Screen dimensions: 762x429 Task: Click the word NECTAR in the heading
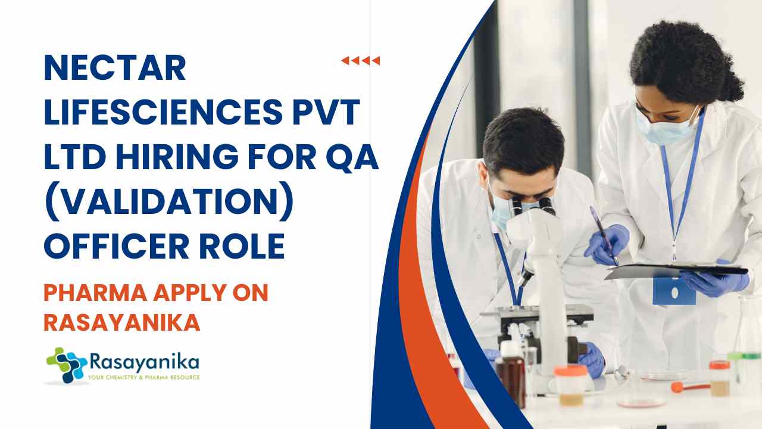(115, 67)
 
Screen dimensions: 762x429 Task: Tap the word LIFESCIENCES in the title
(163, 112)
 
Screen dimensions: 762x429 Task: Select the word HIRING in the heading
(177, 157)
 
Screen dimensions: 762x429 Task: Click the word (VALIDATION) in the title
(168, 202)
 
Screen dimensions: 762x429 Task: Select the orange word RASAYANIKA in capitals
(122, 322)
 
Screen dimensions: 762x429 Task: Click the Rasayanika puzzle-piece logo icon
(67, 365)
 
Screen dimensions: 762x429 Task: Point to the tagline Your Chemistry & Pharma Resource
(143, 377)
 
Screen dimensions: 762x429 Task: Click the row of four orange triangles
(361, 61)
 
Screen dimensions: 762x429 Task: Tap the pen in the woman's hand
(604, 235)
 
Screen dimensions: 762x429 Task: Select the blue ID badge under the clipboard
(674, 291)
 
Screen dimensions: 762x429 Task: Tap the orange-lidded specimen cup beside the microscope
(571, 385)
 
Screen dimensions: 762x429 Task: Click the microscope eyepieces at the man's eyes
(532, 205)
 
